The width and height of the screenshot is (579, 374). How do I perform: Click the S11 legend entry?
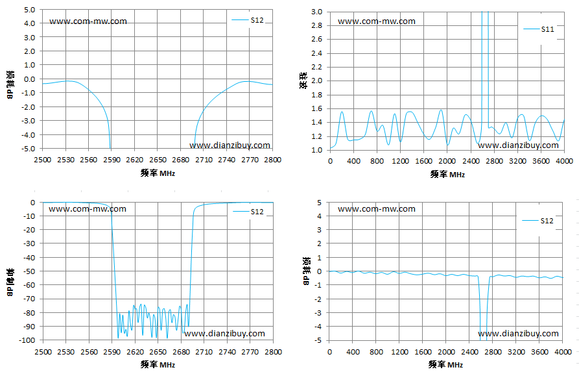539,29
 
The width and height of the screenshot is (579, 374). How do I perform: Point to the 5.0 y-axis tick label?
30,10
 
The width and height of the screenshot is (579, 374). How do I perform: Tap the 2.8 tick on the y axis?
316,25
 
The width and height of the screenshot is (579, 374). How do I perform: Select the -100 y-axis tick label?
27,340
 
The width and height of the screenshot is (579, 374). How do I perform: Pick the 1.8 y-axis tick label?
316,95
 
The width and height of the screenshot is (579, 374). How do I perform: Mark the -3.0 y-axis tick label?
29,121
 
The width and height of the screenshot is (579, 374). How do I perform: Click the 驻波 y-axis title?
303,81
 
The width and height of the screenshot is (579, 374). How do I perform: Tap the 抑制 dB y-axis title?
10,282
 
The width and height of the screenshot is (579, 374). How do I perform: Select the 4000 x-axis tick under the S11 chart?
565,161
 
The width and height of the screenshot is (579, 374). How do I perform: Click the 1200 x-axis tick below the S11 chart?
400,161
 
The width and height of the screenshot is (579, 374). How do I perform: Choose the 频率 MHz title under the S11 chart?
447,174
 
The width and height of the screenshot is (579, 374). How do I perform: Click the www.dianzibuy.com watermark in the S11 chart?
518,145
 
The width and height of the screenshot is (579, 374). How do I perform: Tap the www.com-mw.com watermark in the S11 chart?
376,21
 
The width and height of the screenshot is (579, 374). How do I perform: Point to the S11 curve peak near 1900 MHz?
440,110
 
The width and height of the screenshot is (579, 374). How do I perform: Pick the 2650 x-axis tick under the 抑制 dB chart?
158,352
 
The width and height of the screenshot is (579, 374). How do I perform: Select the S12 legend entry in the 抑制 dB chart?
248,212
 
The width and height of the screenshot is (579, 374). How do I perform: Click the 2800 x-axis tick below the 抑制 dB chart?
273,352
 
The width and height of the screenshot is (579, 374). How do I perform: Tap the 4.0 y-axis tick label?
30,23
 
